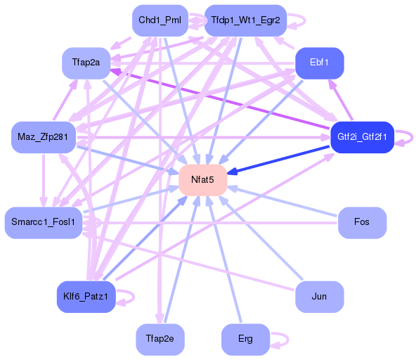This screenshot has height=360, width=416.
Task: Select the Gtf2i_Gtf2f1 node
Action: (x=362, y=136)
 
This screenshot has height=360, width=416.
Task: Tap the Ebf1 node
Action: (x=319, y=63)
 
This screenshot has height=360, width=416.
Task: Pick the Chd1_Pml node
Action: (x=160, y=20)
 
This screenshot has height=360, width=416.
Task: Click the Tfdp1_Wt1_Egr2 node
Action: (x=245, y=20)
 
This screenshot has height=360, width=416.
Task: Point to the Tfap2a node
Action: (x=86, y=63)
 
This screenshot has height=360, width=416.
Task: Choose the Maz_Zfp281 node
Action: (x=44, y=136)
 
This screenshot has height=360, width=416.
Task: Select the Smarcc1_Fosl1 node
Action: (x=43, y=222)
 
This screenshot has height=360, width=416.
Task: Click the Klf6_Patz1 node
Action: (x=85, y=297)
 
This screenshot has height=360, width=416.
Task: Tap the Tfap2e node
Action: (x=160, y=339)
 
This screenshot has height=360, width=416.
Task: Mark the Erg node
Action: (x=245, y=339)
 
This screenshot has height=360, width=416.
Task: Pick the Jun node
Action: (x=319, y=297)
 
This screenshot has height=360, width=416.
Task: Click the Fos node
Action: (x=362, y=222)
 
